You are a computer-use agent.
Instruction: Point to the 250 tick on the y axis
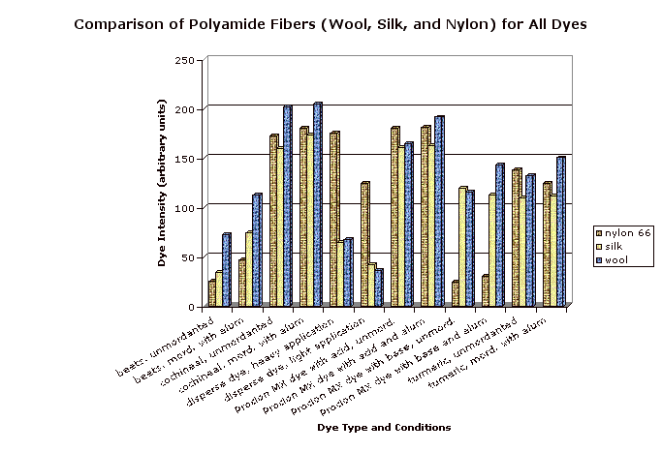point(183,60)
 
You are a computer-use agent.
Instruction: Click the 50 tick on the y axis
point(186,257)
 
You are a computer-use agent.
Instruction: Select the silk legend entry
point(616,246)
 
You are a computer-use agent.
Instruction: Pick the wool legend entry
point(618,259)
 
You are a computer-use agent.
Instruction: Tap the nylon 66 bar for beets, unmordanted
point(211,293)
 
